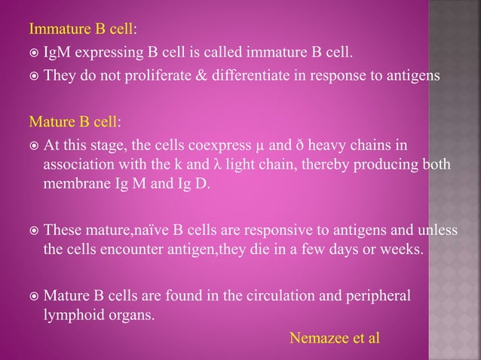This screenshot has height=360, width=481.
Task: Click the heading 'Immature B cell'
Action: [x=81, y=30]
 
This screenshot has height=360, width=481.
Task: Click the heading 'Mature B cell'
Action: [x=72, y=122]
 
